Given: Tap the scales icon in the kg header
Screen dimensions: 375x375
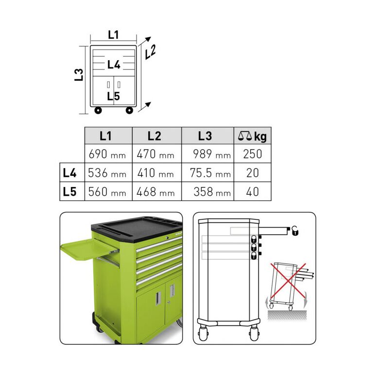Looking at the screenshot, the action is click(245, 136).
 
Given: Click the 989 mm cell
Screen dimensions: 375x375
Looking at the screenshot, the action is click(207, 153).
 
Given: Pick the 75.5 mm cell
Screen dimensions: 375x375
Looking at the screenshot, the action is click(207, 172).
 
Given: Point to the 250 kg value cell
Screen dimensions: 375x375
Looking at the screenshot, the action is click(253, 153).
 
